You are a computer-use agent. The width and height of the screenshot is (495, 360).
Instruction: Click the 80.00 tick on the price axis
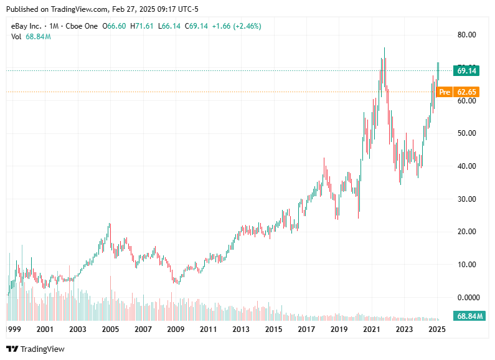point(466,35)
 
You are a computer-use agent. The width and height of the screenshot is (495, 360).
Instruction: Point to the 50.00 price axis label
point(466,133)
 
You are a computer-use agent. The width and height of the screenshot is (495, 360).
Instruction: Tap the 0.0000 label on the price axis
point(468,297)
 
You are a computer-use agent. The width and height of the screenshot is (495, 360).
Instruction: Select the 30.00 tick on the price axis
point(466,199)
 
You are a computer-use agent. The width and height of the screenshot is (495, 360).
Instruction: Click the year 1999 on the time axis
point(13,329)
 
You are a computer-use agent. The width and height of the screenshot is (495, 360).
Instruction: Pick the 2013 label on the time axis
point(241,329)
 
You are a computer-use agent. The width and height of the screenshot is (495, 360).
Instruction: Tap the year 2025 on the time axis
point(437,329)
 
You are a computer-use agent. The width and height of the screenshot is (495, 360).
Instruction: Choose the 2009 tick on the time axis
point(176,329)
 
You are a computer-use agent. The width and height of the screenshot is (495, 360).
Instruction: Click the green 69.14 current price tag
point(466,71)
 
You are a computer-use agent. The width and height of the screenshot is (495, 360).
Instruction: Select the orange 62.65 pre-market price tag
point(466,92)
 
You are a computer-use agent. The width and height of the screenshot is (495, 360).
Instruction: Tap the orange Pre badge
point(444,92)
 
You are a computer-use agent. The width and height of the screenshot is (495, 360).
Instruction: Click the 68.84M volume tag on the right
point(470,316)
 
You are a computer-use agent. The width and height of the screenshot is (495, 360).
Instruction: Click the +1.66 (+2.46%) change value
point(237,26)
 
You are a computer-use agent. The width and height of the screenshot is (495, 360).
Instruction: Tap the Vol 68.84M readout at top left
point(31,37)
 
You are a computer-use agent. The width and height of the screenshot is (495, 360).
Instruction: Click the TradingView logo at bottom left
point(35,349)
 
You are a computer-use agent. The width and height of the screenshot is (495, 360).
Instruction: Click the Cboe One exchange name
point(81,26)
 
